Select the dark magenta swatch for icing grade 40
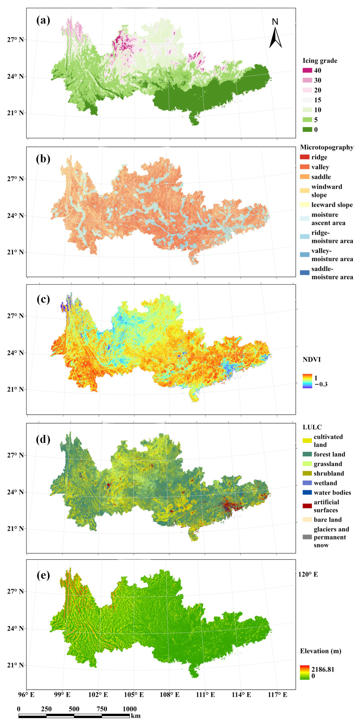coord(307,71)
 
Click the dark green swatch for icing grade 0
coord(307,130)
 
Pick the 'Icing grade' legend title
coord(320,61)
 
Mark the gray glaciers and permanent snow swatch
coord(307,537)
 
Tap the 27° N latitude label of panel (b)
coord(15,179)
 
